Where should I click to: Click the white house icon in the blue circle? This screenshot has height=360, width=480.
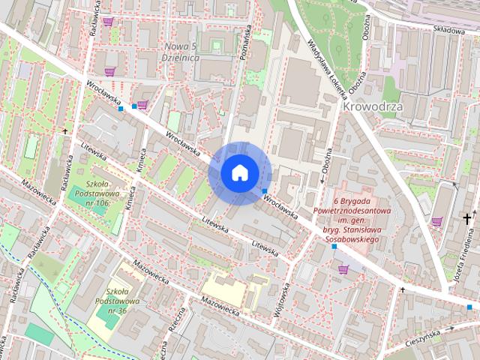click(238, 172)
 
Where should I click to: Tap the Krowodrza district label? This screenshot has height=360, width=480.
click(373, 106)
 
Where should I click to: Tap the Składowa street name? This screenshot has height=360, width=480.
click(448, 28)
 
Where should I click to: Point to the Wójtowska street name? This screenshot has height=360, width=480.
click(285, 301)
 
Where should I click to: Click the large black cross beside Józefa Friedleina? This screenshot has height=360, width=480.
click(468, 219)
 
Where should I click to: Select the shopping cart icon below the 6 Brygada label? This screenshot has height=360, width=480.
click(343, 269)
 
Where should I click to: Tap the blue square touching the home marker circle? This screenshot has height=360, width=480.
click(265, 190)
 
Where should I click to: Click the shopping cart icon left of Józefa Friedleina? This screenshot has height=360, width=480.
click(437, 220)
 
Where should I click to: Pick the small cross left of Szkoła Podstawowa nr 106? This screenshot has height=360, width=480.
click(65, 131)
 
